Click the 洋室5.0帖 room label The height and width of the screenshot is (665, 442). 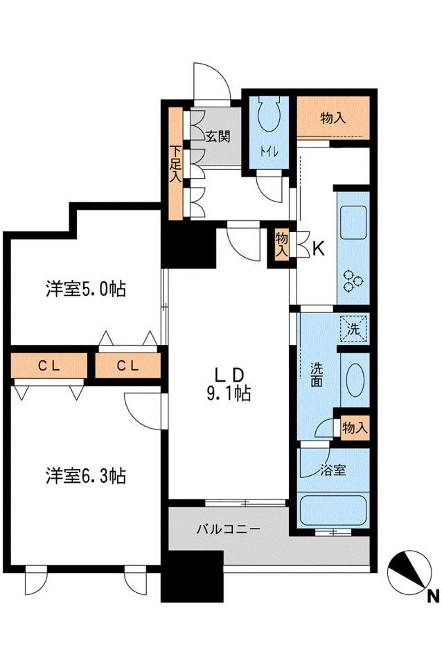(86, 290)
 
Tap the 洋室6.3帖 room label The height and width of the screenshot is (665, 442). (86, 476)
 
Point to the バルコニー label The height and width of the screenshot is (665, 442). (228, 529)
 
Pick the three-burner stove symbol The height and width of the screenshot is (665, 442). (353, 281)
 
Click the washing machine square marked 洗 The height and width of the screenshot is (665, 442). (353, 328)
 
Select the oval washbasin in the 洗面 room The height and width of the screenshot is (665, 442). (355, 380)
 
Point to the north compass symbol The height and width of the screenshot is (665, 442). (409, 573)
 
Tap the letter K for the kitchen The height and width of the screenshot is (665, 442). (319, 249)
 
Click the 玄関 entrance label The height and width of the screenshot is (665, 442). (218, 136)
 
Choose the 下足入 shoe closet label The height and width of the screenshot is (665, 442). (175, 164)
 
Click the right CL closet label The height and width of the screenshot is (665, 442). (127, 366)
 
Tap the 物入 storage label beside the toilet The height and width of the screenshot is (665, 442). (333, 118)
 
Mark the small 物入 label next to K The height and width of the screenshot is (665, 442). (281, 245)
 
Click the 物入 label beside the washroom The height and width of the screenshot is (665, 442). (355, 427)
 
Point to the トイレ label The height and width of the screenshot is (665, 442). (269, 152)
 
